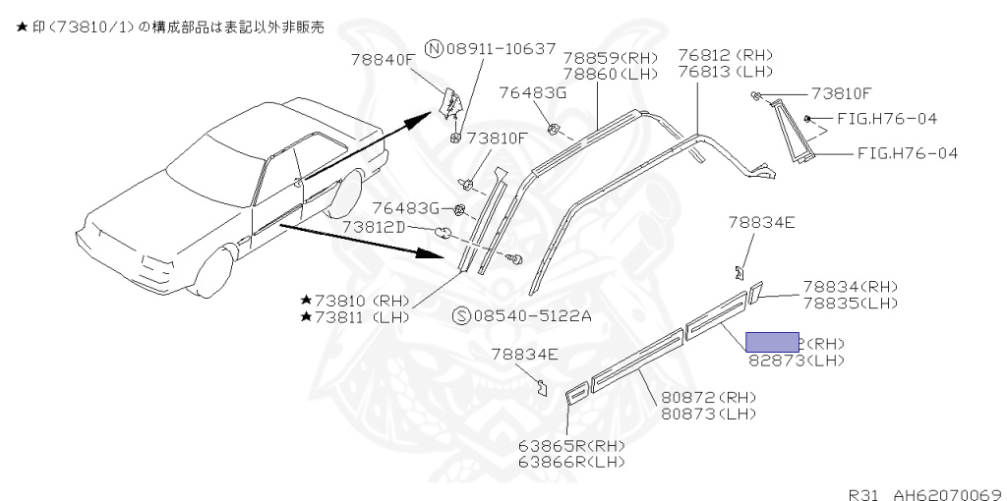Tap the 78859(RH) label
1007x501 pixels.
pos(611,57)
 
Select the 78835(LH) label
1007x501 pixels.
pos(851,303)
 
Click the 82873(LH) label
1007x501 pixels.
pos(796,361)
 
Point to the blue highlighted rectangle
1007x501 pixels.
pos(772,342)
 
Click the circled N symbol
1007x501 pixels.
pos(434,48)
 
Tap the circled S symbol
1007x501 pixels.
pos(461,315)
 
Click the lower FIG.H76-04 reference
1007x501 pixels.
pos(907,153)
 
